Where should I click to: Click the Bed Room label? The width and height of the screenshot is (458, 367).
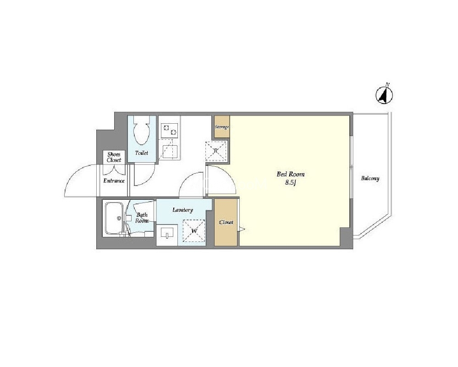tap(290, 174)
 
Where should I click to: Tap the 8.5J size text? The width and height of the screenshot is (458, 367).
tap(291, 183)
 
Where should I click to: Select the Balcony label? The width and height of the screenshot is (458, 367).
tap(370, 178)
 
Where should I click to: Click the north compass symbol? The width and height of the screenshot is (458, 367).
tap(384, 95)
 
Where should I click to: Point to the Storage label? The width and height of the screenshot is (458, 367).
tap(222, 127)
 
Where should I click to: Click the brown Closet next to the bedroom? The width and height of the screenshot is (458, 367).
tap(226, 222)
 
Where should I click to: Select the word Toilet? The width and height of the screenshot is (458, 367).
tap(142, 153)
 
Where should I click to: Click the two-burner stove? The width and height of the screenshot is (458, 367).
tap(170, 130)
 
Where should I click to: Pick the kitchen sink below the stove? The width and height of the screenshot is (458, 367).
tap(170, 152)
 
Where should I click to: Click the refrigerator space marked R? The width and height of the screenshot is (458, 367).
tap(216, 151)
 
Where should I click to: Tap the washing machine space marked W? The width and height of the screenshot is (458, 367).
tap(194, 230)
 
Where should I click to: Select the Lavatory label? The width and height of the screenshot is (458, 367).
tap(182, 210)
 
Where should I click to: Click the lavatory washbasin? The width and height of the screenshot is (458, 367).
tap(167, 233)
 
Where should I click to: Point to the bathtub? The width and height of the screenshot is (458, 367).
tap(114, 218)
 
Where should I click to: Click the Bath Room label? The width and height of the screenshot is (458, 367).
tap(142, 218)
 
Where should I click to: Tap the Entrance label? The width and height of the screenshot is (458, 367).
tap(114, 181)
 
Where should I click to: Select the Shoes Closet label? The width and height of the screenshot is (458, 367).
tap(114, 157)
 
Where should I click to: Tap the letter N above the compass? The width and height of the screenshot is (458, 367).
tap(387, 85)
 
